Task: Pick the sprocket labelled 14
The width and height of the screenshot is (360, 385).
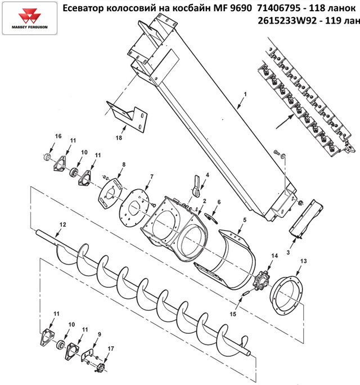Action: click(261, 279)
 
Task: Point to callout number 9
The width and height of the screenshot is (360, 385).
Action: click(99, 334)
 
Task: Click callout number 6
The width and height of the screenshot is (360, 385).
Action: click(219, 202)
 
